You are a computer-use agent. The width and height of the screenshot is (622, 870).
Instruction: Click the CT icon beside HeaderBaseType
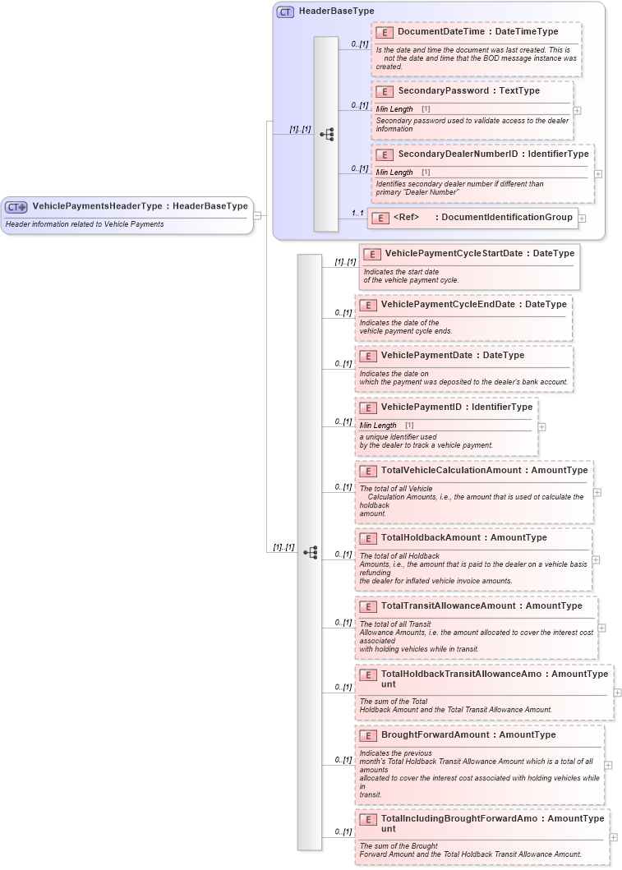285,12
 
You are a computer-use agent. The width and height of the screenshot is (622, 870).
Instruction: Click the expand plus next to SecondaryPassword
578,110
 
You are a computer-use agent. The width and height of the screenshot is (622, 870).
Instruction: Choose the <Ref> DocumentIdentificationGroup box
472,218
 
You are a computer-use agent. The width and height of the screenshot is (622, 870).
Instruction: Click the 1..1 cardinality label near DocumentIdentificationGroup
357,213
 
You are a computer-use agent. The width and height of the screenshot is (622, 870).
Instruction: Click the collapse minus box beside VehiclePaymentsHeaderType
257,216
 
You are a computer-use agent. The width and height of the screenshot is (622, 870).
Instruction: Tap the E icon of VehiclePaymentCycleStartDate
372,254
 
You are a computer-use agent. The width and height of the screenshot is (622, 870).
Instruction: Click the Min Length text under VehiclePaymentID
378,426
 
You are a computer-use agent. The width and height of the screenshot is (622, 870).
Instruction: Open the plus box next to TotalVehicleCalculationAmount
597,493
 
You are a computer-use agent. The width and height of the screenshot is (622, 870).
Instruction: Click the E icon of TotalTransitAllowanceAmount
368,606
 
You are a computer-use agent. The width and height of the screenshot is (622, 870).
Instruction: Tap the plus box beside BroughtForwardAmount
608,765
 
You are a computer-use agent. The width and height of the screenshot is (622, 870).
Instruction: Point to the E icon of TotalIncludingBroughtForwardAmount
368,819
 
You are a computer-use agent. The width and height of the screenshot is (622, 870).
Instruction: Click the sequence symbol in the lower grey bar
310,553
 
